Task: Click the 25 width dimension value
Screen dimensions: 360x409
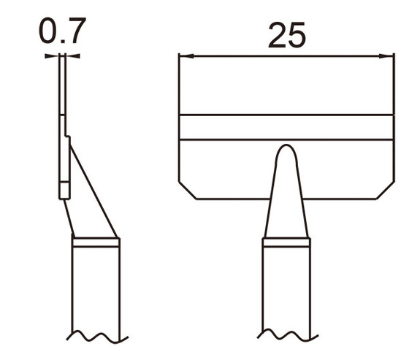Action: tap(286, 34)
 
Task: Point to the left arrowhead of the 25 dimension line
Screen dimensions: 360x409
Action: tap(184, 56)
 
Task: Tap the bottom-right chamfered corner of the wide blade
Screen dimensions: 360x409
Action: tap(384, 191)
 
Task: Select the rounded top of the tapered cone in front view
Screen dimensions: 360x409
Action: tap(286, 150)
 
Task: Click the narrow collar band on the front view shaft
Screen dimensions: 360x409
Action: tap(286, 242)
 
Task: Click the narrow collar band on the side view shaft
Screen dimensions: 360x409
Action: tap(95, 242)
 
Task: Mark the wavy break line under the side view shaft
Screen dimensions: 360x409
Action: tap(95, 337)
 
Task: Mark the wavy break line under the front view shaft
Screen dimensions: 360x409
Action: tap(286, 337)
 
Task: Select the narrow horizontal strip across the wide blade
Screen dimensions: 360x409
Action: tap(286, 127)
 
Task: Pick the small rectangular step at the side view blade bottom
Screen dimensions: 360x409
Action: tap(64, 191)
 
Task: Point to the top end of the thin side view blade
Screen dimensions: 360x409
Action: tap(62, 62)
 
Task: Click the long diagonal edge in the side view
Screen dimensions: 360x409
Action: tap(93, 190)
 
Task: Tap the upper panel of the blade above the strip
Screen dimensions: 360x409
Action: tap(286, 88)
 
